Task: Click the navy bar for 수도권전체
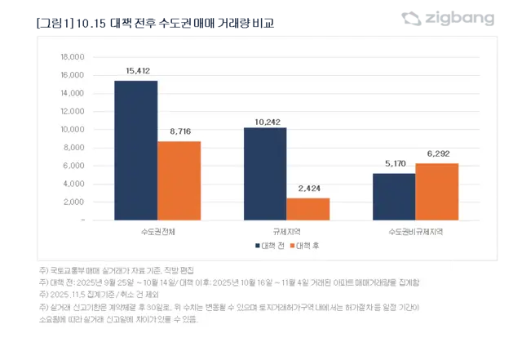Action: click(135, 150)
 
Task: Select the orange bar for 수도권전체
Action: click(179, 180)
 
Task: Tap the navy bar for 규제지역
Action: click(265, 174)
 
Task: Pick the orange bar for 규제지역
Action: click(308, 209)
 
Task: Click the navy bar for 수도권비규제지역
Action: click(394, 197)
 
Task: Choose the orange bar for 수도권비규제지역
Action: click(437, 192)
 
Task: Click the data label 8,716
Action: click(179, 132)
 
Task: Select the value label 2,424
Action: click(308, 189)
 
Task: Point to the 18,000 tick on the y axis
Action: click(72, 57)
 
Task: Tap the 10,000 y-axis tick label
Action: click(72, 130)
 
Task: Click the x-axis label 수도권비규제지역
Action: click(415, 231)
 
